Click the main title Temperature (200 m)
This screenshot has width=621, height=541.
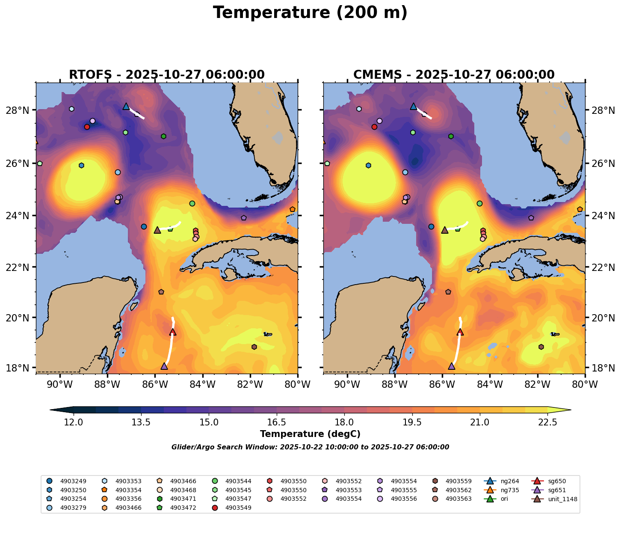(x=310, y=13)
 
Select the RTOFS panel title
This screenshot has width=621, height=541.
(x=167, y=75)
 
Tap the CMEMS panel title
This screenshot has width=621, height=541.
(x=454, y=75)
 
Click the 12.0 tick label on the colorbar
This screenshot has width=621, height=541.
(x=74, y=422)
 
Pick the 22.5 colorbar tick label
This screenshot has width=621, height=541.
(x=547, y=422)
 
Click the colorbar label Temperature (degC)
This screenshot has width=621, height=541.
(x=310, y=434)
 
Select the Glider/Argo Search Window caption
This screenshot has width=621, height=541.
(x=310, y=447)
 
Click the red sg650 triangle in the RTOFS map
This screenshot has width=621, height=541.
(x=173, y=332)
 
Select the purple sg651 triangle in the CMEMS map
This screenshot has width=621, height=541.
(x=452, y=366)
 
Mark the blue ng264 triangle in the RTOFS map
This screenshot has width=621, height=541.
(x=126, y=106)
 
